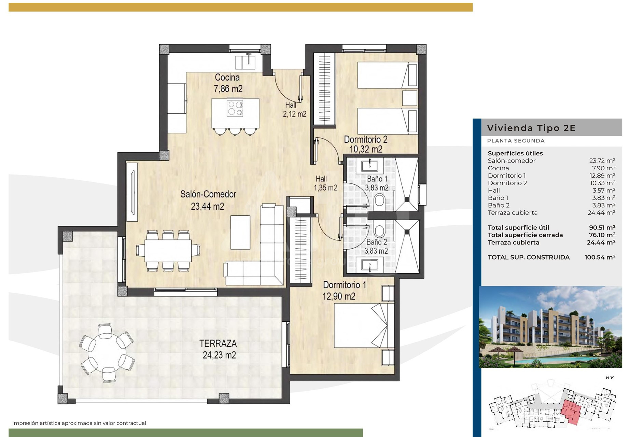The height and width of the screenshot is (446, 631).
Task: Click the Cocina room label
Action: point(227,78)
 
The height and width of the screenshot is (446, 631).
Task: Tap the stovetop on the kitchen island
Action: point(235,108)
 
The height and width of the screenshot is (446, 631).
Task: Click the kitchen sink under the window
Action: point(246,62)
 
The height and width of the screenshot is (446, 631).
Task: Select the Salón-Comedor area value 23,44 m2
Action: point(208,206)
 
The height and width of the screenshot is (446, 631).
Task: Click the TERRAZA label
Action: point(218,343)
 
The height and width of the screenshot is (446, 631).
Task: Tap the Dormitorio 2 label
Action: point(365,139)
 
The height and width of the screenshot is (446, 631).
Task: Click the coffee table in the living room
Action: point(240,232)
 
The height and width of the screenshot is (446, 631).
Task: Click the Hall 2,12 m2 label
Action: point(294,110)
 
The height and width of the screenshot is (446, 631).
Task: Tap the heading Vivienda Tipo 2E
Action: point(531,128)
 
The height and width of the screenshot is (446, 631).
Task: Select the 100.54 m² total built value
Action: point(600,257)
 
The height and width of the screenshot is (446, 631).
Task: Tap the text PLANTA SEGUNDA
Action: point(516,141)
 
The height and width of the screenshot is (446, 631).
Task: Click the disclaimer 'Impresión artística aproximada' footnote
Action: point(79,423)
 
